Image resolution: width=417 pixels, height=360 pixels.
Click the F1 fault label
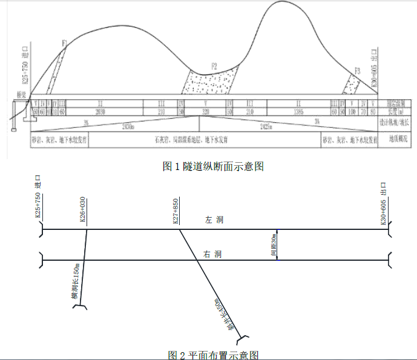[x=64, y=44]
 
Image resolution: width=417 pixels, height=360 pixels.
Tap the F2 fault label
[x=214, y=65]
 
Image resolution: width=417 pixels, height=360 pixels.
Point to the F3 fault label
[x=358, y=71]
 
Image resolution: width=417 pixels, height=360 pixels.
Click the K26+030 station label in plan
[x=83, y=209]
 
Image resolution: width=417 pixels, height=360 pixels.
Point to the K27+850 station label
[x=176, y=209]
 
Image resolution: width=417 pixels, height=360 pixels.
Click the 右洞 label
[x=214, y=254]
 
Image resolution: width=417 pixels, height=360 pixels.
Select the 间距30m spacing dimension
[x=274, y=245]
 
